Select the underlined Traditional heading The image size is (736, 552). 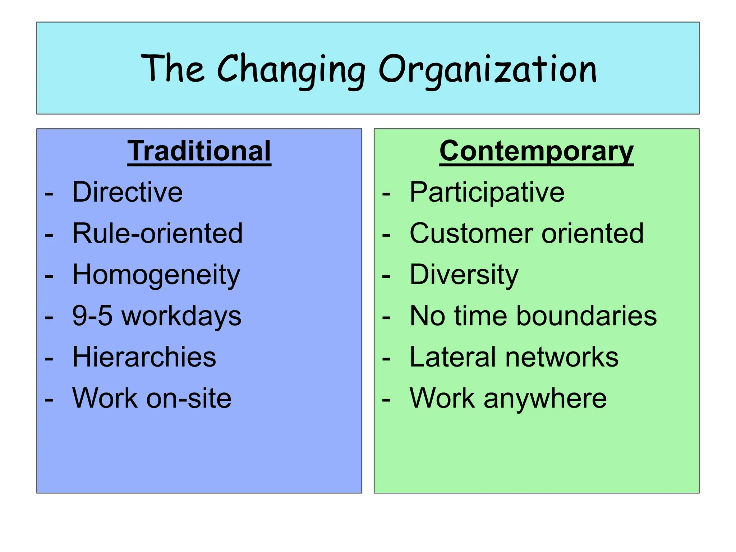pos(199,151)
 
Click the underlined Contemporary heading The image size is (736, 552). pos(536,151)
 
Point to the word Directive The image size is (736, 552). pos(128,192)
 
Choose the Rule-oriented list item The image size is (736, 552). pos(157,234)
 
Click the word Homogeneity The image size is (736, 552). pos(156,275)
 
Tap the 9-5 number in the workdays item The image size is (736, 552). pos(92,316)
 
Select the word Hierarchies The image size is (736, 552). pos(144,357)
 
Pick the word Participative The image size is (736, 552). pos(487,192)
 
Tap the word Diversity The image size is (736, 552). pos(464,275)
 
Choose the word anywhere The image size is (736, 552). pos(545,399)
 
